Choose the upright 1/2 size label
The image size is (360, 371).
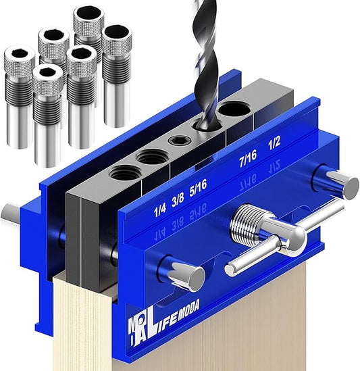pos(275,143)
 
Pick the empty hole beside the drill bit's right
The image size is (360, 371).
pos(236,109)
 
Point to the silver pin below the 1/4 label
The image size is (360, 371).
pos(185,274)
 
